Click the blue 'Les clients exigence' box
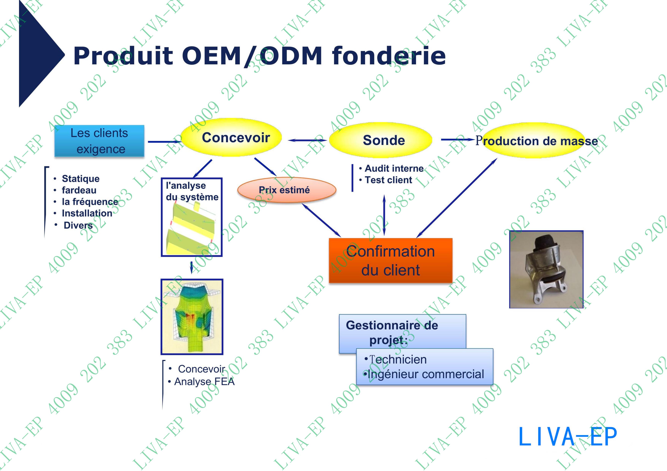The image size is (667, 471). coord(99,141)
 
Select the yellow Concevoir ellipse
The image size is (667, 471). coord(232,137)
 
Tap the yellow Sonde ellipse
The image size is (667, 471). coord(381,141)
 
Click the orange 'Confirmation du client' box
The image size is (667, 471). coord(390,261)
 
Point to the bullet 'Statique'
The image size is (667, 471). coord(80,179)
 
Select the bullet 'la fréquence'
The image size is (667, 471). coord(90,202)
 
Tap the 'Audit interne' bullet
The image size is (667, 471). coord(394,168)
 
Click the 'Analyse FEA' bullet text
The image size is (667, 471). coord(204,382)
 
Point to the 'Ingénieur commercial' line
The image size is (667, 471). coord(426,374)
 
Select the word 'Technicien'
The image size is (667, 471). coord(398,360)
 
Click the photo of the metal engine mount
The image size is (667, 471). coord(546,269)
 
